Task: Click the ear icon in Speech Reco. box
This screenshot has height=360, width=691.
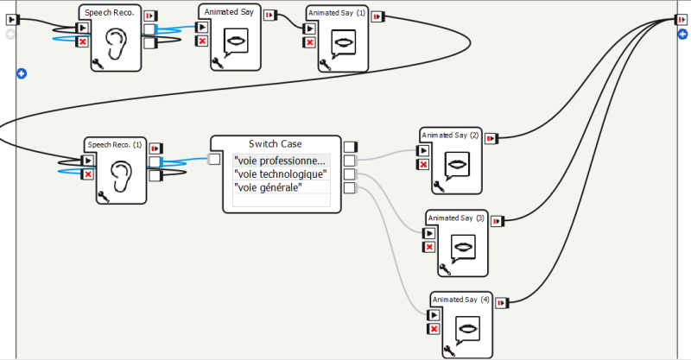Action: (x=116, y=42)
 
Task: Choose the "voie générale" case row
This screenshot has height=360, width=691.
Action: (x=268, y=187)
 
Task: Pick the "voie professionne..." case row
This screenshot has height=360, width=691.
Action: (x=281, y=161)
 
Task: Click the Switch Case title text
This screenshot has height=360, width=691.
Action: (x=276, y=143)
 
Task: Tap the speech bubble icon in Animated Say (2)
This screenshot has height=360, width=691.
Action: (x=457, y=165)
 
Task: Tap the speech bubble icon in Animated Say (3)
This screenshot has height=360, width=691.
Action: (x=465, y=246)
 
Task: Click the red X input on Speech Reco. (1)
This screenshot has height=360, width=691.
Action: (x=87, y=174)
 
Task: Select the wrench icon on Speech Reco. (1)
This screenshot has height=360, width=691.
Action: (x=102, y=196)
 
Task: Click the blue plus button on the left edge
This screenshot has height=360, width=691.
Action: (x=22, y=73)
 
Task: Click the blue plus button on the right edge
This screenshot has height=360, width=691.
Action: (x=682, y=35)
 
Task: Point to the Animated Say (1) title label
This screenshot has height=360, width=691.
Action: (x=337, y=13)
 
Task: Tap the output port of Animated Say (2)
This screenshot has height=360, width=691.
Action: (x=491, y=138)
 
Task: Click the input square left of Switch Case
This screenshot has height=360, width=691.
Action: (x=213, y=159)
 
